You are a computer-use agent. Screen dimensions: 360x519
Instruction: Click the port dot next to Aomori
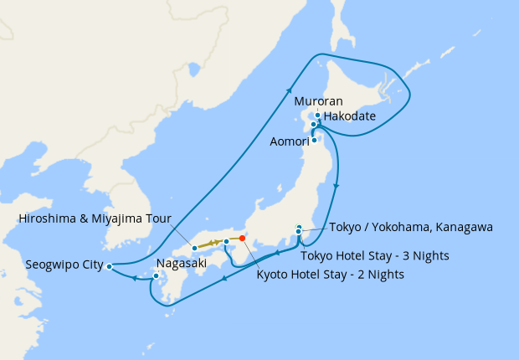tap(314, 140)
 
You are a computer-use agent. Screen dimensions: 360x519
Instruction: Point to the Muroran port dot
tap(317, 116)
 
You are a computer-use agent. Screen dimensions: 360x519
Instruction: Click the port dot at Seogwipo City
tap(110, 266)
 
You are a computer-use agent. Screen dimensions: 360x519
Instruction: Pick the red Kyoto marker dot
tap(242, 239)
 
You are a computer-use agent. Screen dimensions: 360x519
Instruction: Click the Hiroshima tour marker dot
tap(194, 248)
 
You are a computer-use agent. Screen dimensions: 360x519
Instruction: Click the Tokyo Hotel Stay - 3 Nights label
tap(378, 255)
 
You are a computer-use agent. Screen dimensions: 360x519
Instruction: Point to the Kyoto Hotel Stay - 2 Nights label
tap(330, 274)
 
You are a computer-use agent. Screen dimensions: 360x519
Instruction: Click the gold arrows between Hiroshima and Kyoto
tap(214, 244)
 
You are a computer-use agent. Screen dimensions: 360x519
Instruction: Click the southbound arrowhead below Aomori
tap(337, 186)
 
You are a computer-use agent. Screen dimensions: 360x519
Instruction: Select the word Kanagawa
tap(462, 226)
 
